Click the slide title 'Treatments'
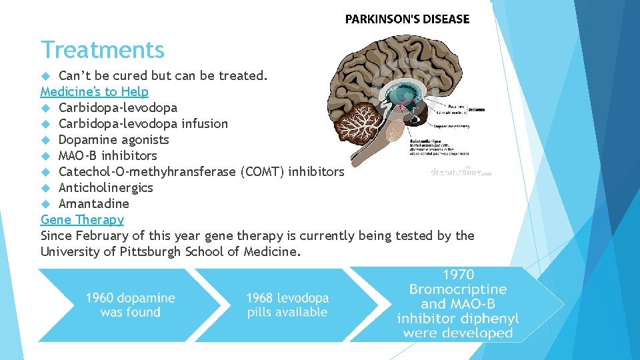point(102,50)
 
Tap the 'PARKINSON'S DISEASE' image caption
point(407,19)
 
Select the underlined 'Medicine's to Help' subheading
point(94,91)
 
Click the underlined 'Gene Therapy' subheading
point(82,219)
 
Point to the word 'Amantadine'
point(93,203)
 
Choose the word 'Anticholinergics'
point(105,187)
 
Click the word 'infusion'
point(204,123)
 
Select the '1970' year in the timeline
point(457,275)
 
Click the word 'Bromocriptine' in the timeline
point(457,289)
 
